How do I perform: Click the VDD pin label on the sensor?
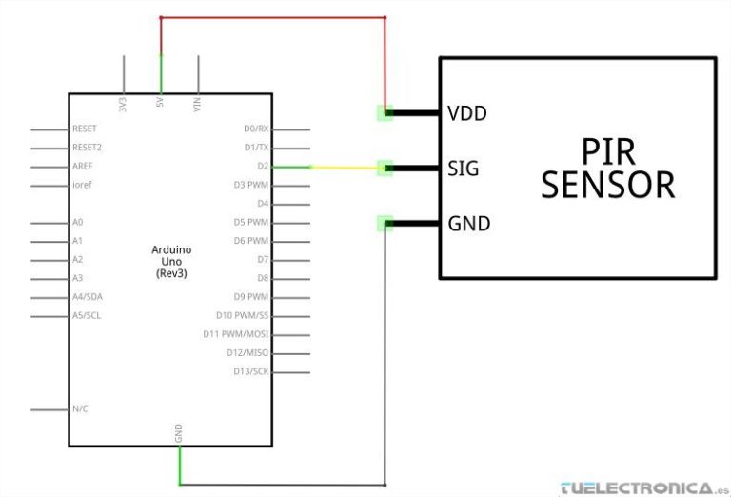pos(466,113)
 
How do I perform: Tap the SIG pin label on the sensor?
pos(463,169)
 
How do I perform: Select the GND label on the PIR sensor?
pos(468,224)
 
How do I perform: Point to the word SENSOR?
pos(607,184)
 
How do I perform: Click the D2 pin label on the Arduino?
pos(263,166)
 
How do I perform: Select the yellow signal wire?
pos(343,168)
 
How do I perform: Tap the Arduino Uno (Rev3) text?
pos(171,261)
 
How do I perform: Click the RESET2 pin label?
pos(87,148)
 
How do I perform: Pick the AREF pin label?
pos(83,166)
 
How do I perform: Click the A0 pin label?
pos(78,222)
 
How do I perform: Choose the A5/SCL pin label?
pos(87,315)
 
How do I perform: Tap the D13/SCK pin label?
pos(251,371)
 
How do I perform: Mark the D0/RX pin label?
pos(256,129)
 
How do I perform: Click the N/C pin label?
pos(81,408)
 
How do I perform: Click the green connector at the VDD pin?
pos(385,112)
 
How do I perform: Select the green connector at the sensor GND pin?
pos(385,224)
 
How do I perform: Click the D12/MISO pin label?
pos(249,353)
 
